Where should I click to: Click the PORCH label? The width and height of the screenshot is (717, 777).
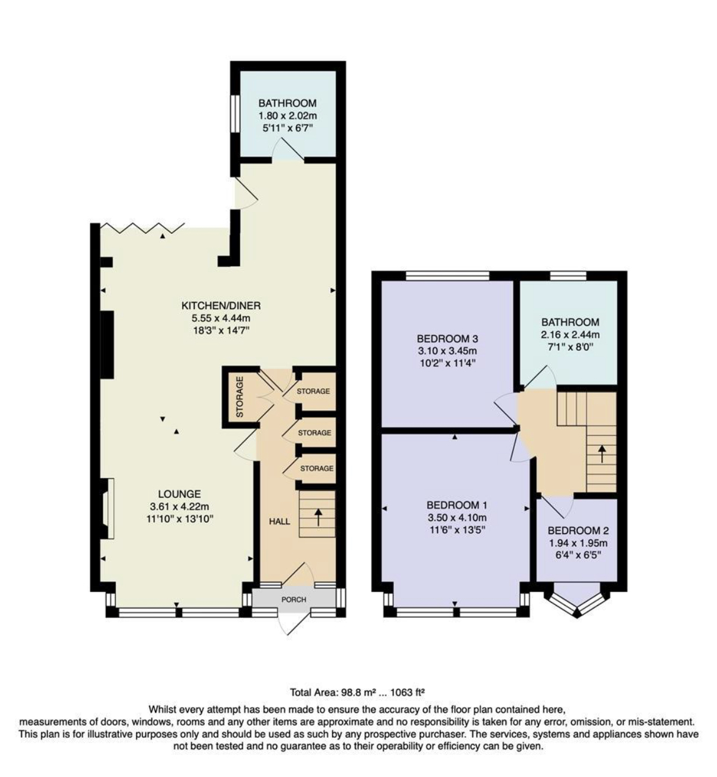pyautogui.click(x=294, y=599)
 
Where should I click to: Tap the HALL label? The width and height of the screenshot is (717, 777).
pyautogui.click(x=279, y=522)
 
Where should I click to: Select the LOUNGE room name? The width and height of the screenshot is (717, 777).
pyautogui.click(x=180, y=494)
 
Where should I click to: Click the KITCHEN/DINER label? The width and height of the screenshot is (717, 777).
pyautogui.click(x=221, y=306)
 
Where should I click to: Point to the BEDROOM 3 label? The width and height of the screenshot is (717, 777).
pyautogui.click(x=447, y=339)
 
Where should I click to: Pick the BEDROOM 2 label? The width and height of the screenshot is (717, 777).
pyautogui.click(x=578, y=531)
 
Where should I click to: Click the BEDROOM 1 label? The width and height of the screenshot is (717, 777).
pyautogui.click(x=457, y=505)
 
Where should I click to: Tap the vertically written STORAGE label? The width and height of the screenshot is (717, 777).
pyautogui.click(x=240, y=396)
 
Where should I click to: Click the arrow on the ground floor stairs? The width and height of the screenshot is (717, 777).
pyautogui.click(x=317, y=517)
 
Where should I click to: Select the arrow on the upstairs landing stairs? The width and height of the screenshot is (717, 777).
pyautogui.click(x=601, y=454)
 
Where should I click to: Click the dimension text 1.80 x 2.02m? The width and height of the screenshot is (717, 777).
pyautogui.click(x=287, y=116)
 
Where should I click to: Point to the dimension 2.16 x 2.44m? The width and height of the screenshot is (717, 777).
pyautogui.click(x=570, y=335)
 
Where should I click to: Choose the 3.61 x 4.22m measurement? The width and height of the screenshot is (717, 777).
pyautogui.click(x=180, y=506)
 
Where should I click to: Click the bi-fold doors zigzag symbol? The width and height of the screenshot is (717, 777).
pyautogui.click(x=142, y=228)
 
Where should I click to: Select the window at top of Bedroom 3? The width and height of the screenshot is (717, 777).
pyautogui.click(x=447, y=276)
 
